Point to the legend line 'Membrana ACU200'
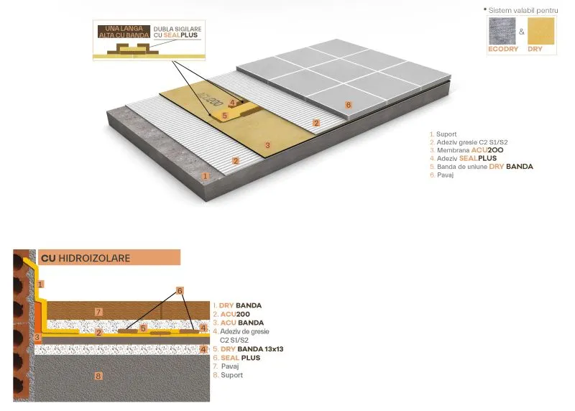click(x=466, y=150)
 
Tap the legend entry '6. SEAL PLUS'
click(x=236, y=358)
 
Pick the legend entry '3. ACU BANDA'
click(x=236, y=323)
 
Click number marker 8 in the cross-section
click(x=99, y=375)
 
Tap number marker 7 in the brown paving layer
click(x=100, y=311)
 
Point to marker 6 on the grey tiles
click(x=349, y=105)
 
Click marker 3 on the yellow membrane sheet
click(x=267, y=145)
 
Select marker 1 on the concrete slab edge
click(x=206, y=175)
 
